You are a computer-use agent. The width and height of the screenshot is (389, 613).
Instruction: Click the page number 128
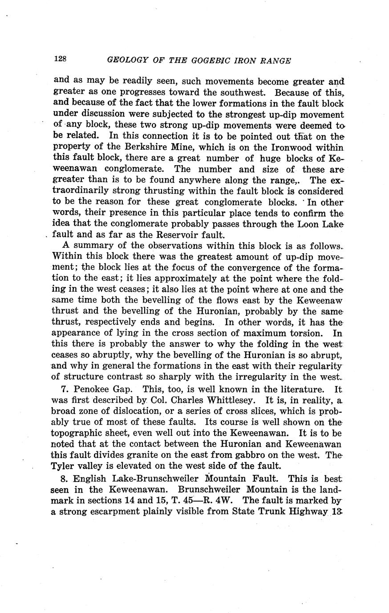(60, 59)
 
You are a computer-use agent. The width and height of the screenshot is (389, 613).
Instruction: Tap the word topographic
(79, 432)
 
